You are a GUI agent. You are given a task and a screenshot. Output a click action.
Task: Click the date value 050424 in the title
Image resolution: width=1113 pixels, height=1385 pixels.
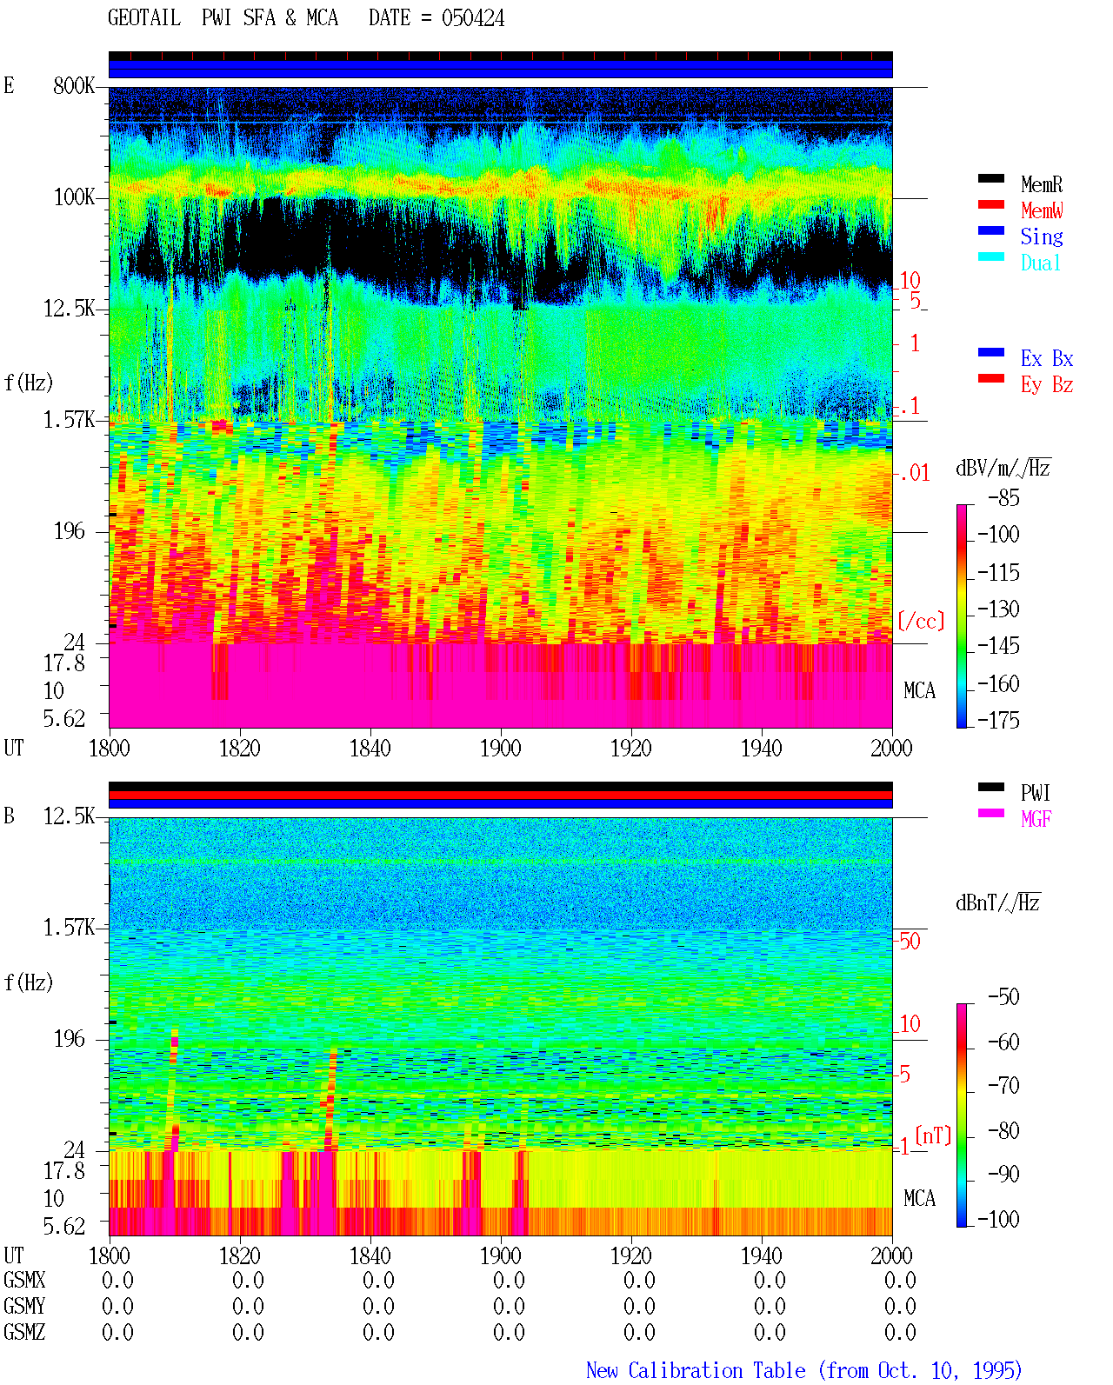(472, 18)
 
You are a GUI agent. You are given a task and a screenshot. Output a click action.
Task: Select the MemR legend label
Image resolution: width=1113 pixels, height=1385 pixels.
(1042, 184)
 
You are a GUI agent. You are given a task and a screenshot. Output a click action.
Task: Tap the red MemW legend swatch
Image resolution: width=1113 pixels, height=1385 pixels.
(990, 204)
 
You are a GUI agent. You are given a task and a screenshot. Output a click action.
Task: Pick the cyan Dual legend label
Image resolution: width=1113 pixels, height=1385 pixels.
(1041, 263)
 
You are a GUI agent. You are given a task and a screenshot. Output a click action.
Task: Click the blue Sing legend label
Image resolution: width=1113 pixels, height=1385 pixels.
(1042, 236)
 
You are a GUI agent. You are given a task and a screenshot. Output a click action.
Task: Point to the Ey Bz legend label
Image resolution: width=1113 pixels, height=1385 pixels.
(1047, 384)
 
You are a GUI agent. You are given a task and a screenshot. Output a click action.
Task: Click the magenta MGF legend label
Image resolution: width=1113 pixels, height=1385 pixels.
(1036, 819)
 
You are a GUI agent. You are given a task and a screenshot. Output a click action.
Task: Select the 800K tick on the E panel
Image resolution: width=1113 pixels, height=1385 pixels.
(74, 85)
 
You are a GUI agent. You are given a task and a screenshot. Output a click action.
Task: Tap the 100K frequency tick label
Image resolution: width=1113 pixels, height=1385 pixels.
(74, 197)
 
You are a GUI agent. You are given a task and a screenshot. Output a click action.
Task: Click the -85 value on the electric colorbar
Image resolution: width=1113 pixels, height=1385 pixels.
(1003, 497)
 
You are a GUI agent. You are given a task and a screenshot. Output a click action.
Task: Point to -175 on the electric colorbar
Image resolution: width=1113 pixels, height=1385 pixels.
(998, 720)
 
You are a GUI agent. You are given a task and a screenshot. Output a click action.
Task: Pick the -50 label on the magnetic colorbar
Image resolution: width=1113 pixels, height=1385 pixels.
(1003, 997)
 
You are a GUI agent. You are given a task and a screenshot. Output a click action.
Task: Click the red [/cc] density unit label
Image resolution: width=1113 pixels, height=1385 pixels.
(921, 621)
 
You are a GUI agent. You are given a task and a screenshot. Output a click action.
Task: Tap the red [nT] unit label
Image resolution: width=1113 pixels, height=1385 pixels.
(933, 1135)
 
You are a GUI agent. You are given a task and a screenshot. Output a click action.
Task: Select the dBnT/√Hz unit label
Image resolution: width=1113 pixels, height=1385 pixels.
(997, 902)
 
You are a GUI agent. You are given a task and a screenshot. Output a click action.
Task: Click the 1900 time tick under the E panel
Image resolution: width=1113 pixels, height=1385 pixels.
(500, 749)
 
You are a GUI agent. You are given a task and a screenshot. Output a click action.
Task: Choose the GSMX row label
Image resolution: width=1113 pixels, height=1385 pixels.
(24, 1280)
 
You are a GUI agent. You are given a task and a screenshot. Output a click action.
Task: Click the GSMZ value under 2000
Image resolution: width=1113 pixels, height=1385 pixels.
(900, 1332)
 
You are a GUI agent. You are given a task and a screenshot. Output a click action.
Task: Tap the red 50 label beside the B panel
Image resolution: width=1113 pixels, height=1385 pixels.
(910, 942)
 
